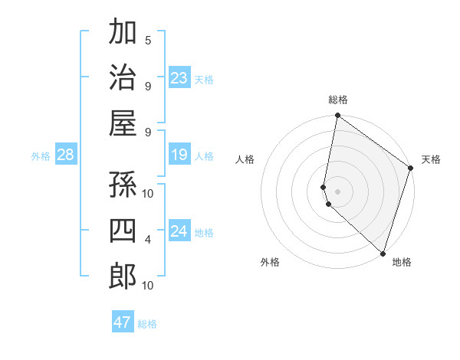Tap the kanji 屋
123,123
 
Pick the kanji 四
123,231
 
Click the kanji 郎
123,276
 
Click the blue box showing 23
179,78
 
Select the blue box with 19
179,155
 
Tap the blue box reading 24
179,231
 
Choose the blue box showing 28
66,155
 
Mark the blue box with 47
123,322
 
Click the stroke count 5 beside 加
148,41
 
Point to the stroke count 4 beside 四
148,240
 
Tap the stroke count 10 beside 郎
148,286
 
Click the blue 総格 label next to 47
147,324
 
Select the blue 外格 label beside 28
41,156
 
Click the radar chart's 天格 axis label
431,159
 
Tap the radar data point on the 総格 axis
337,116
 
